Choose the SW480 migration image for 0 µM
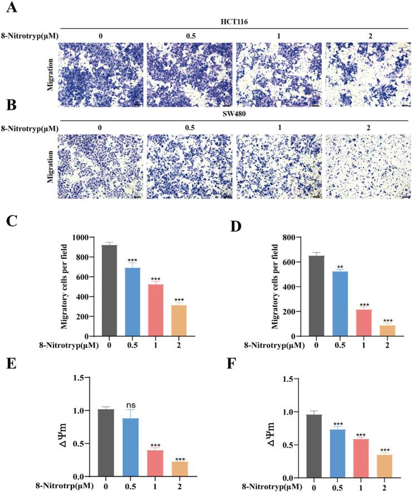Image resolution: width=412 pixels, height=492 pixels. coord(100,166)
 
